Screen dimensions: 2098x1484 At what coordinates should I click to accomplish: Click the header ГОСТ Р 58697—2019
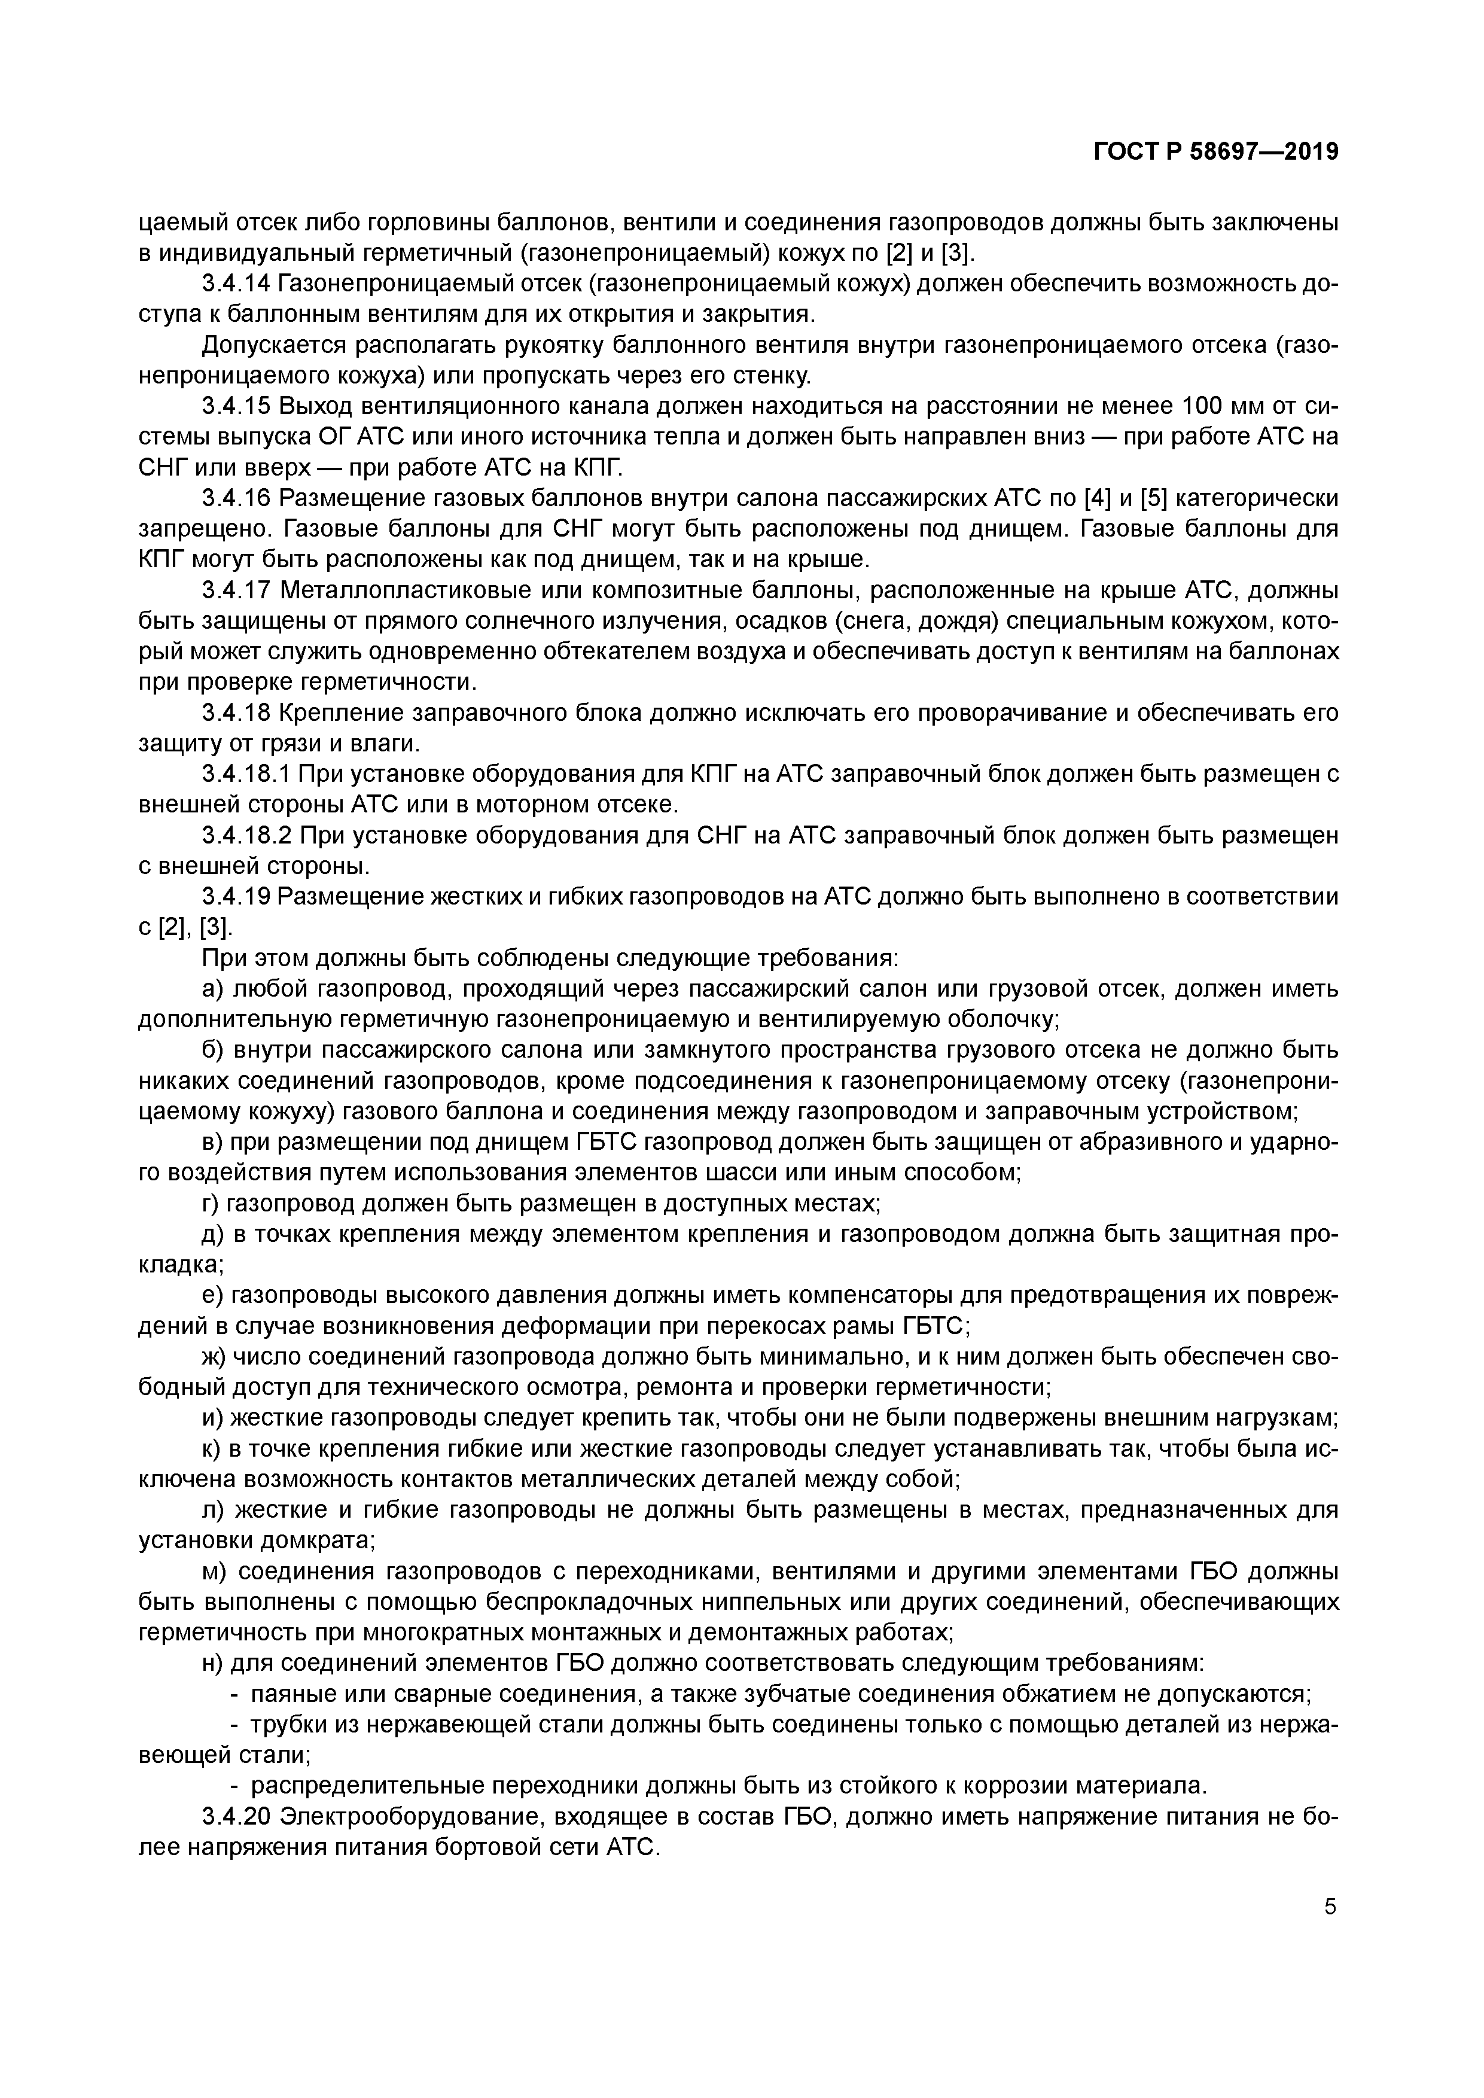pos(1215,152)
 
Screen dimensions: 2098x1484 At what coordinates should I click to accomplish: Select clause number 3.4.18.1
pos(245,774)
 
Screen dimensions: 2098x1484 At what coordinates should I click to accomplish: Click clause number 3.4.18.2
pos(245,835)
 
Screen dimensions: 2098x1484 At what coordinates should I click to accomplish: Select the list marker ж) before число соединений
pos(215,1356)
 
